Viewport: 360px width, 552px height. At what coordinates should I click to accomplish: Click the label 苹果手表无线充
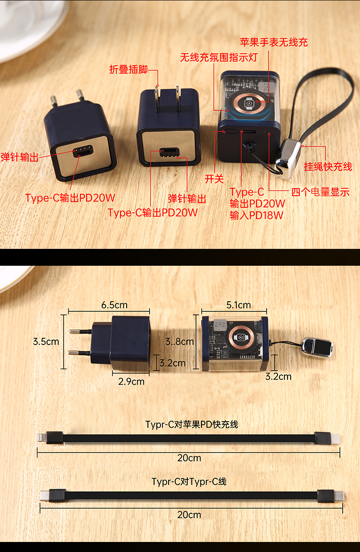[274, 42]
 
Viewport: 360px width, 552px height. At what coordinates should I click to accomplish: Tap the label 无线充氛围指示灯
[219, 57]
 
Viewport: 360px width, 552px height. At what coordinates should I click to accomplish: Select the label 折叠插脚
[129, 69]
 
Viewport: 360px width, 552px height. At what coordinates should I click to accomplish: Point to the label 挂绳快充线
[328, 166]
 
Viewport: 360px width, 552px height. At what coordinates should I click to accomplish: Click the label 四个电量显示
[320, 192]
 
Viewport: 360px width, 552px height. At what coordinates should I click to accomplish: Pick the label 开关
[214, 179]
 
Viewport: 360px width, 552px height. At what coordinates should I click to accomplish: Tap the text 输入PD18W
[257, 215]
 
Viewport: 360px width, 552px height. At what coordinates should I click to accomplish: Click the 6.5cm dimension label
[114, 305]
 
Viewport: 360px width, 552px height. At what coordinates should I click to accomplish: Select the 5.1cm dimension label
[238, 305]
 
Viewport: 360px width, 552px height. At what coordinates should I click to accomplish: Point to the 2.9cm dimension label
[131, 382]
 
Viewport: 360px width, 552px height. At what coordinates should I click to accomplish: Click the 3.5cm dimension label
[46, 341]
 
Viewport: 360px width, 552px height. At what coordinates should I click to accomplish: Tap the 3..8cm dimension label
[180, 341]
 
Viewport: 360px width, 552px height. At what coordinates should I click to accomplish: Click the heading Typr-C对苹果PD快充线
[192, 424]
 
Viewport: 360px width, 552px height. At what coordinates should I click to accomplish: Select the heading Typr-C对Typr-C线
[189, 481]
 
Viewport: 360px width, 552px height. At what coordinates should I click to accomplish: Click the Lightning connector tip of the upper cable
[41, 438]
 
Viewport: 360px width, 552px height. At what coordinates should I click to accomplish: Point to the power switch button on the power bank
[231, 131]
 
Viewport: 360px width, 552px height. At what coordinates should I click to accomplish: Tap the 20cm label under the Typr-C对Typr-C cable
[189, 515]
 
